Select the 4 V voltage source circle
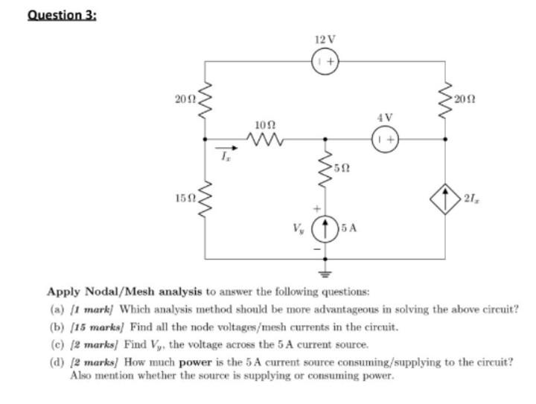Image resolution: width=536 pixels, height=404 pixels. click(x=385, y=138)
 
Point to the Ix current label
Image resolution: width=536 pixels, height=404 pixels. click(x=221, y=155)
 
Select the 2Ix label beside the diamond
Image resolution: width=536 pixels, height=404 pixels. click(x=470, y=198)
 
